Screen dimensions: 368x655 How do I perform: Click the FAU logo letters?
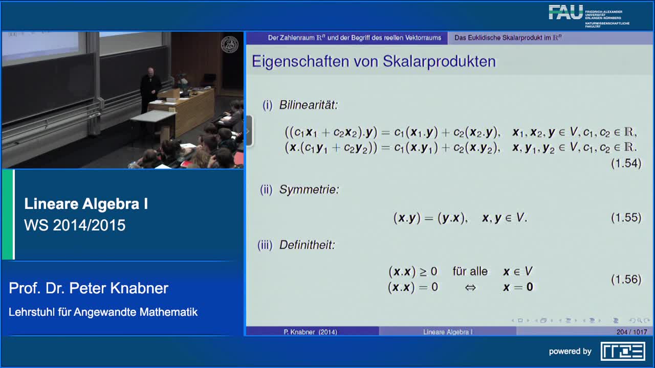[565, 12]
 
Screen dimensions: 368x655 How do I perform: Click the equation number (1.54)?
[626, 164]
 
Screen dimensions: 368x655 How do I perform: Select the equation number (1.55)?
[626, 218]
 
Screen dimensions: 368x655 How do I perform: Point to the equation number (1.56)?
[626, 280]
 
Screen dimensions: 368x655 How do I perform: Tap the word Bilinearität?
[309, 105]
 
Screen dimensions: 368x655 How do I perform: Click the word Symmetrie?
[309, 190]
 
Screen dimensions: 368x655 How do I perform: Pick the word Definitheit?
[307, 245]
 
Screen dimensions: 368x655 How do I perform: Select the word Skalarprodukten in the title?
[440, 61]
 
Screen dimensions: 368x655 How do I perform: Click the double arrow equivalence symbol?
[470, 287]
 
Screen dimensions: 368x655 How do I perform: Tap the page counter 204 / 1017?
[631, 332]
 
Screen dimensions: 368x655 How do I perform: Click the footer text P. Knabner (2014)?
[311, 332]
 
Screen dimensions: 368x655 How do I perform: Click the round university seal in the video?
[229, 45]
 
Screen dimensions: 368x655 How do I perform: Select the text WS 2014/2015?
[75, 225]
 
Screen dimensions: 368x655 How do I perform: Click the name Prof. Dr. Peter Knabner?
[89, 288]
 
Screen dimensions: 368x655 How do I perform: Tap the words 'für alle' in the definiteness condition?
[470, 271]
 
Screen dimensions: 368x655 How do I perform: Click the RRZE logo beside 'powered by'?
[623, 351]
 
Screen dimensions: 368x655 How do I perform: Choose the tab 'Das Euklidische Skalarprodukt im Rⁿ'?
[508, 38]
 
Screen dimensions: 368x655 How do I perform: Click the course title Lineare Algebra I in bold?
[86, 204]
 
